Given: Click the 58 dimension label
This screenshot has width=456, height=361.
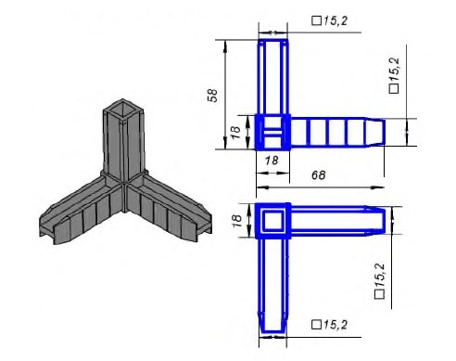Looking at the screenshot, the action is [212, 96].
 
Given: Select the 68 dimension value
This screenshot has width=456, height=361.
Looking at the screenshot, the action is [319, 175].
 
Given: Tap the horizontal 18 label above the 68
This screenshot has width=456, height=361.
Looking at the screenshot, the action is [272, 161].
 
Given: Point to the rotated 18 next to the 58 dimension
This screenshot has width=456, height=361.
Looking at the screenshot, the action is [235, 133].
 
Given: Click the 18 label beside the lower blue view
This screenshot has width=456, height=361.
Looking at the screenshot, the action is [236, 221].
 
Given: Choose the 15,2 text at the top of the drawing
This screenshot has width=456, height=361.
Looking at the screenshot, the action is [336, 21].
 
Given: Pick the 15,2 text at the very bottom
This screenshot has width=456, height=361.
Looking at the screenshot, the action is [336, 325].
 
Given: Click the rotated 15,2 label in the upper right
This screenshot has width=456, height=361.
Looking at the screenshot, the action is [394, 71].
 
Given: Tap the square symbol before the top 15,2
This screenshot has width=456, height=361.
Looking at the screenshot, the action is [316, 21].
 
